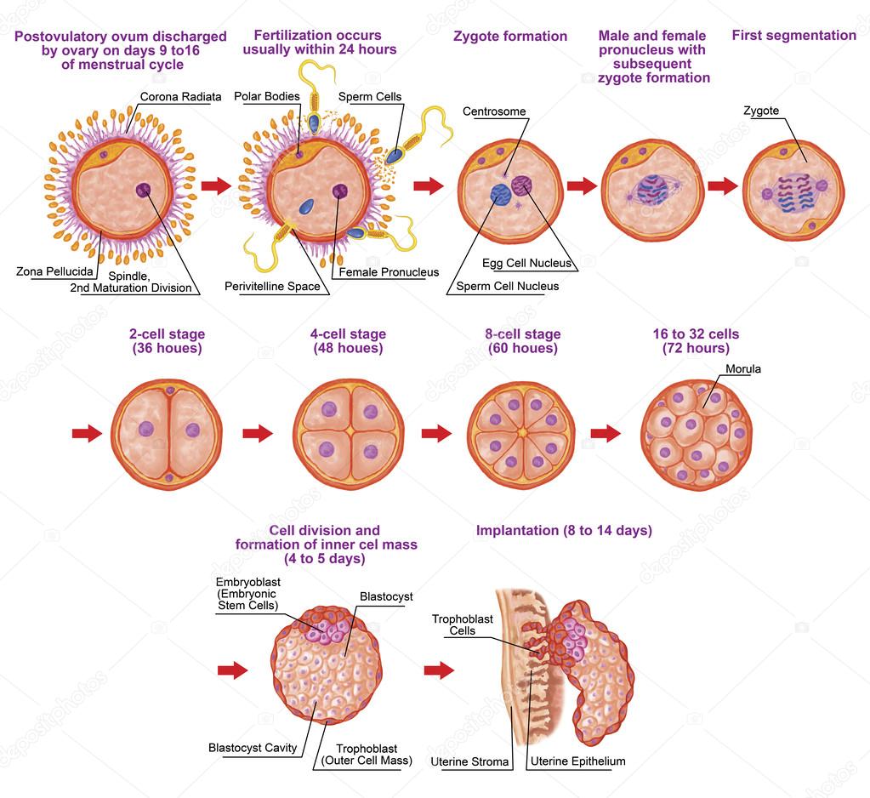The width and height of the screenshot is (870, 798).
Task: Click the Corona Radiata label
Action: pos(180,97)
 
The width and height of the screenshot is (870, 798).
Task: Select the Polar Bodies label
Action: pos(266,97)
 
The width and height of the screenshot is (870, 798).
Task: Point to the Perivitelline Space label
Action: pos(272,287)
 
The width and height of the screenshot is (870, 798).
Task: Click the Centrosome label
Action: pos(493,111)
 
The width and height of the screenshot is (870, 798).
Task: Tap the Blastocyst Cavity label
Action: pos(253,748)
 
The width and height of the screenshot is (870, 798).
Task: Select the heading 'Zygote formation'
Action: pos(509,37)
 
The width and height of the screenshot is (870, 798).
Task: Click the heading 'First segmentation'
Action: pos(793,36)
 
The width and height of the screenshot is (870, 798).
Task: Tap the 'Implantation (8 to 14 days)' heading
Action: pos(564,531)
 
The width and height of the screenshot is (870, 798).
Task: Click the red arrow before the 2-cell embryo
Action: pos(87,434)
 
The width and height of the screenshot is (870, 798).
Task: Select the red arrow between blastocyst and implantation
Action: pos(439,670)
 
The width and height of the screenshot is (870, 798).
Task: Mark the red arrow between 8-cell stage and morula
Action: pos(606,434)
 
